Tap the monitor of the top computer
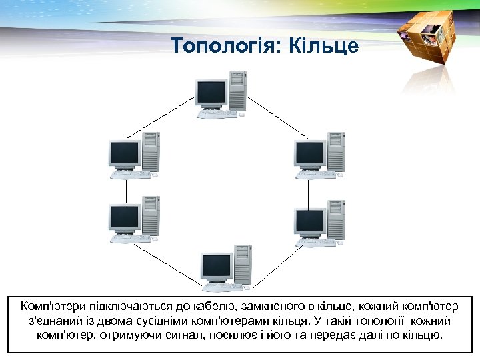coord(211,92)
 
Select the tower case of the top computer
coord(237,89)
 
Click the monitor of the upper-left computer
coord(125,154)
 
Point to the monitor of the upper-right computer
coord(309,154)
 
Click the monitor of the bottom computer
coord(217,265)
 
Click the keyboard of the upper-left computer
coord(131,175)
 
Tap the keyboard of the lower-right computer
coord(316,242)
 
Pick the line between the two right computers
coord(309,191)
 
